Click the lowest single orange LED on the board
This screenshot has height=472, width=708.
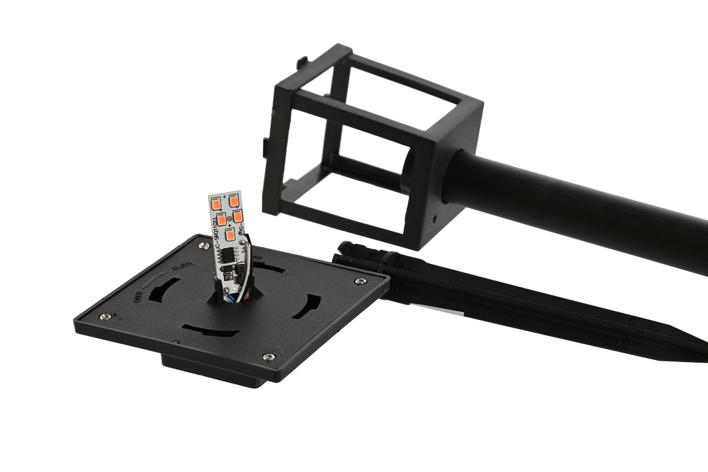(x=229, y=233)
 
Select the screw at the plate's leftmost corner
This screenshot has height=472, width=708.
(x=103, y=317)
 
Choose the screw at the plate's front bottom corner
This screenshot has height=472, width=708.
(x=268, y=357)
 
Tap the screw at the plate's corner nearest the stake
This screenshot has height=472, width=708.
(x=360, y=280)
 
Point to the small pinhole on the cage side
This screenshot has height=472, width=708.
(x=434, y=216)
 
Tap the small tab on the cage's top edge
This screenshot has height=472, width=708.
(x=301, y=63)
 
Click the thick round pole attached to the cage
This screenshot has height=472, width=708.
(x=581, y=207)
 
